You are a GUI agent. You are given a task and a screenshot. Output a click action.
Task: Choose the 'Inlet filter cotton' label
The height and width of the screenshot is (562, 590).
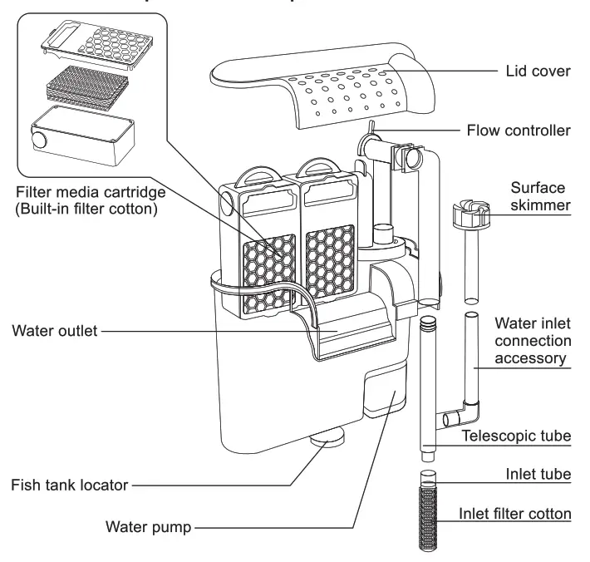pyautogui.click(x=515, y=513)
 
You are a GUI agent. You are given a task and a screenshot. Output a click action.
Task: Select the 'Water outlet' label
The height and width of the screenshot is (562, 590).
pyautogui.click(x=56, y=332)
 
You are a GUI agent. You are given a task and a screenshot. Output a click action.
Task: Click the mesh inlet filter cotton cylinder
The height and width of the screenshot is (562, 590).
pyautogui.click(x=429, y=515)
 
